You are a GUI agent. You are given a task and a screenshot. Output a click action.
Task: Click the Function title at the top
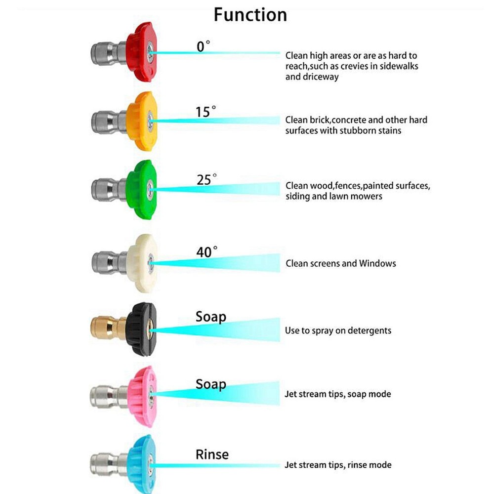(x=250, y=15)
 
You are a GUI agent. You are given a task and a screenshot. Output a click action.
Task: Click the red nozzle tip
(x=141, y=51)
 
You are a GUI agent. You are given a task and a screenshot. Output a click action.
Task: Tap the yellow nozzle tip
(x=142, y=120)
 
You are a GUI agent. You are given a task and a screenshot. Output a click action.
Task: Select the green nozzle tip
(x=142, y=189)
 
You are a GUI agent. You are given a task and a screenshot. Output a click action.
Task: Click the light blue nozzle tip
(x=142, y=463)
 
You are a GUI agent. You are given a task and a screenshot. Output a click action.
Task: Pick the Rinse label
(x=212, y=453)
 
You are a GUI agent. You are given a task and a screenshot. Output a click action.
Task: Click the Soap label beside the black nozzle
(x=211, y=316)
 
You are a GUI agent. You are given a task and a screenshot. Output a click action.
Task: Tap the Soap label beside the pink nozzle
(x=211, y=384)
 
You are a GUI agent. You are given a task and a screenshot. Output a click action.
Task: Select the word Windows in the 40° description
(x=378, y=263)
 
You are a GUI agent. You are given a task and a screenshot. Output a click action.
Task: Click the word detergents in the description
(x=367, y=330)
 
